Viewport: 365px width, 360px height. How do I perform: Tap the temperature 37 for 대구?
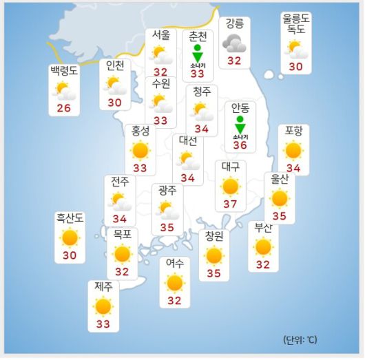230,205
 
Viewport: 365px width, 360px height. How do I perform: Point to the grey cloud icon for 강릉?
234,44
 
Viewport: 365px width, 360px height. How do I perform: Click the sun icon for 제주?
103,306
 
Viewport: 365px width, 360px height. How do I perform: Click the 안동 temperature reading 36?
240,145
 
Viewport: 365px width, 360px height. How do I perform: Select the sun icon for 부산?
263,247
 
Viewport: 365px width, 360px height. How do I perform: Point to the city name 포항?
293,131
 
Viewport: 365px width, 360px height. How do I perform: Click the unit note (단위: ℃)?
300,340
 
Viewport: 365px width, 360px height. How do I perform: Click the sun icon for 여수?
175,282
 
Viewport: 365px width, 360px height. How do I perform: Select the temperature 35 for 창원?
214,273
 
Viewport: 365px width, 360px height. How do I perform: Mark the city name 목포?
123,234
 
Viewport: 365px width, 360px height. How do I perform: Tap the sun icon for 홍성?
140,149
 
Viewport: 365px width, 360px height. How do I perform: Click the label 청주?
201,92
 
